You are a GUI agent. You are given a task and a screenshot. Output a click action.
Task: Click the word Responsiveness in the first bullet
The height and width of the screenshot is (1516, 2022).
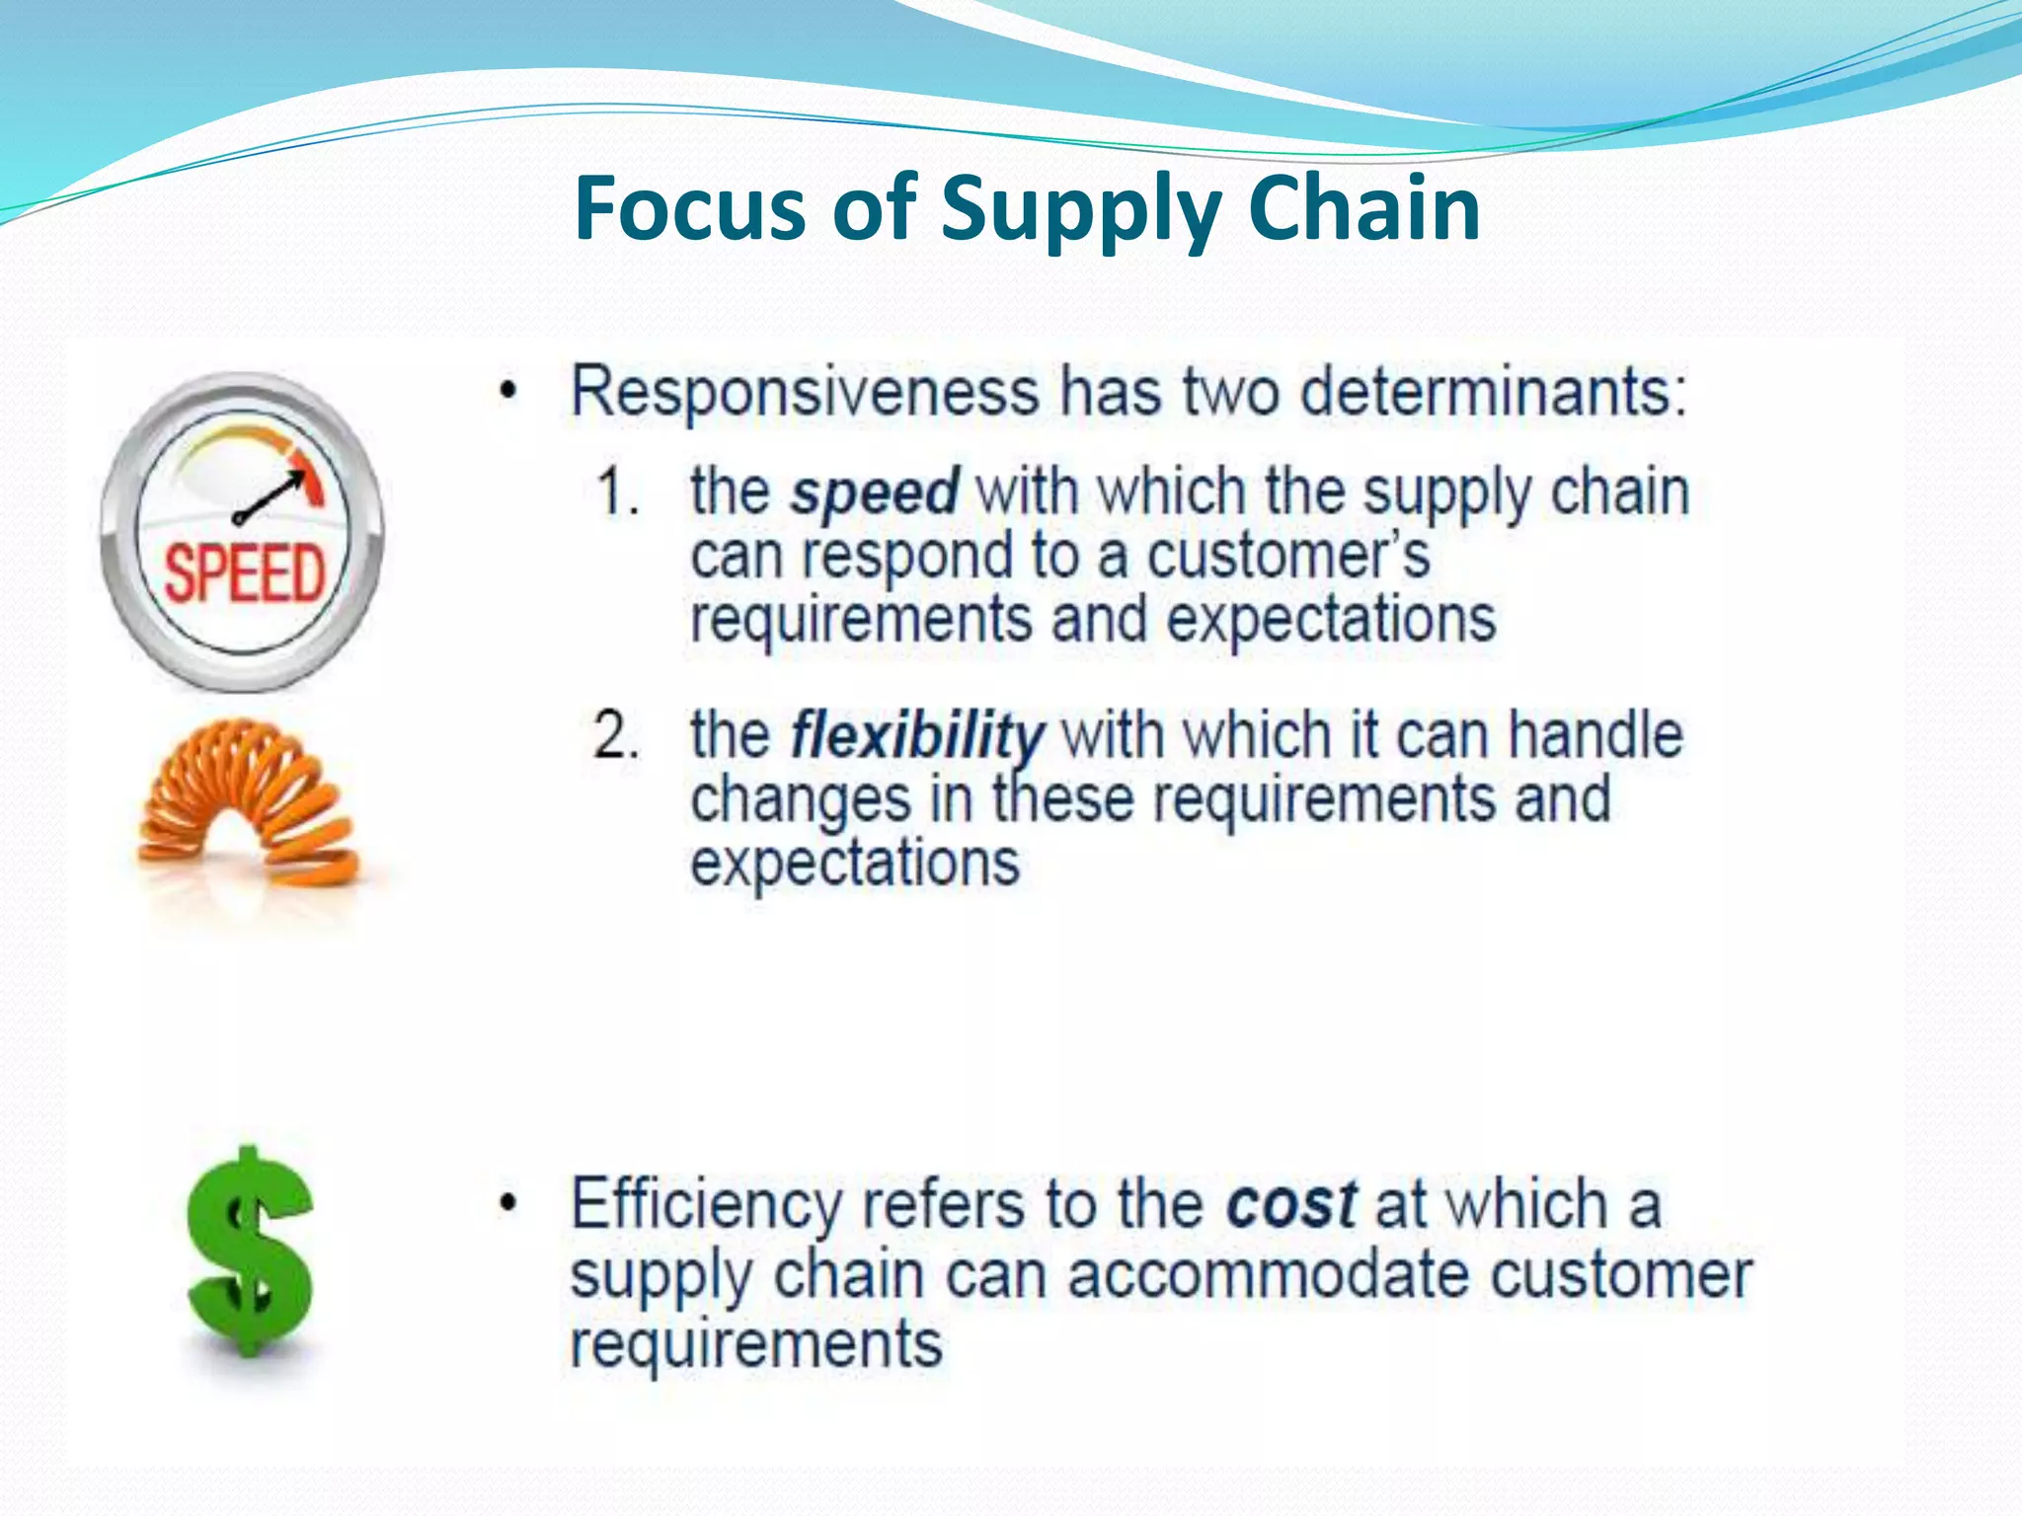pos(805,392)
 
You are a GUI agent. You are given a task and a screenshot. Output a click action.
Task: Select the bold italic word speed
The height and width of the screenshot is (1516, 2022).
pos(875,492)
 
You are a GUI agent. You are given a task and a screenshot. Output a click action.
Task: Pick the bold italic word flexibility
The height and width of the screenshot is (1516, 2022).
pos(917,735)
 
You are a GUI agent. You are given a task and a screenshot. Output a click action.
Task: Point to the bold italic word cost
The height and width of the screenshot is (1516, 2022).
pos(1291,1205)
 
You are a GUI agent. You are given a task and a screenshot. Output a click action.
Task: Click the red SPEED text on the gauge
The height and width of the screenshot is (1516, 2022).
pos(244,574)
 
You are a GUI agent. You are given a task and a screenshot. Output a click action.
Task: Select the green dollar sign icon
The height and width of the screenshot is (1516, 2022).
pos(250,1251)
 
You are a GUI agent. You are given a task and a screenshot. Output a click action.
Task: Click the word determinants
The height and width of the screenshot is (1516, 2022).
pos(1490,392)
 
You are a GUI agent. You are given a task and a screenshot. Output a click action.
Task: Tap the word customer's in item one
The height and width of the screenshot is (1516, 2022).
pos(1287,556)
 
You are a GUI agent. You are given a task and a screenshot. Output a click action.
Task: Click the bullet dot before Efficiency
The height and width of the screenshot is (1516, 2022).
pos(507,1205)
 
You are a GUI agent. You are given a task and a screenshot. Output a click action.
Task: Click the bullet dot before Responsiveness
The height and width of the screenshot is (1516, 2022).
pos(507,393)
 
